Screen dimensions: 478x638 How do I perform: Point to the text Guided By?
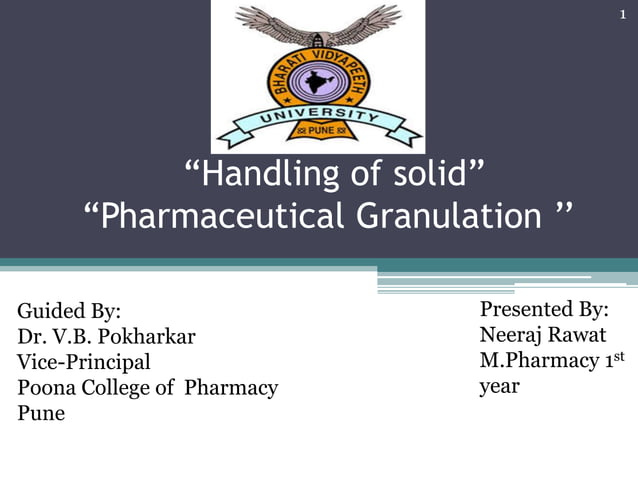[69, 311]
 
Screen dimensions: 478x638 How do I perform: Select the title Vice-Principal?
[84, 361]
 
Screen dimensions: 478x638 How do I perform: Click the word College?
[113, 387]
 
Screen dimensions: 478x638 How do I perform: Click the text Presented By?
[544, 309]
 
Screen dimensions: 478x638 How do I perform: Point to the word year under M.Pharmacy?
[499, 386]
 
